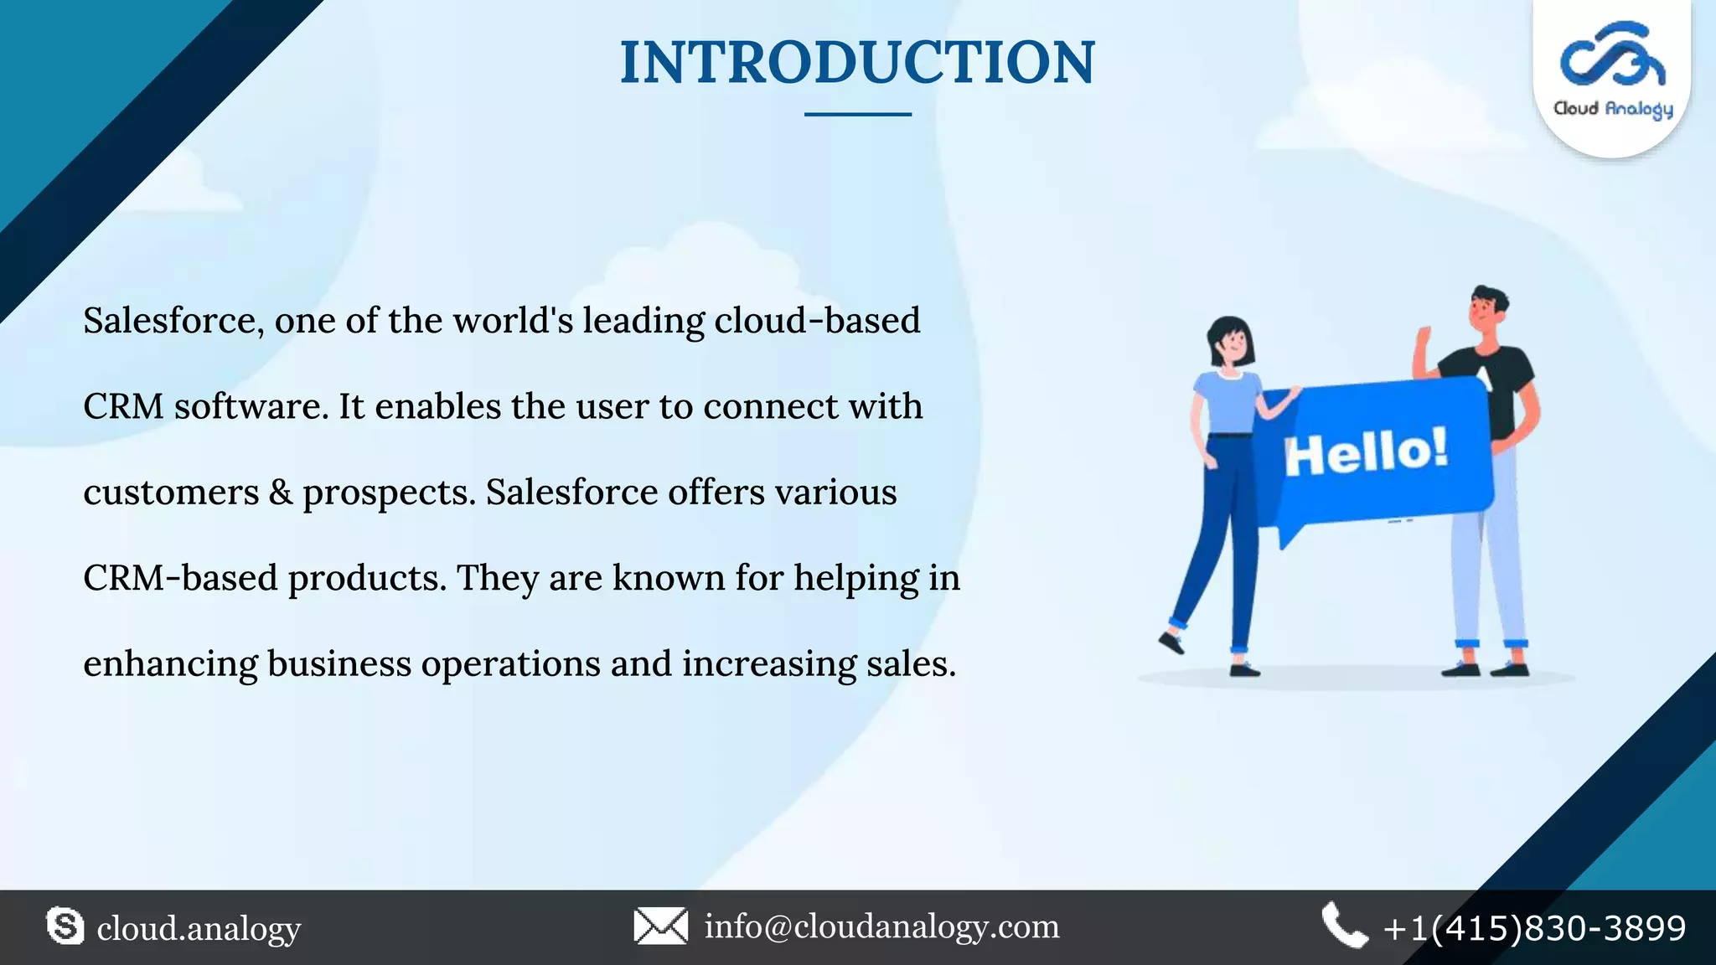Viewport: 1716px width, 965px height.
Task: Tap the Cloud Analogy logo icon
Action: pyautogui.click(x=1612, y=55)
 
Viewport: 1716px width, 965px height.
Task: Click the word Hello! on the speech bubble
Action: pyautogui.click(x=1366, y=452)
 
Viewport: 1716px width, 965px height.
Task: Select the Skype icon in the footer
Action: pyautogui.click(x=65, y=926)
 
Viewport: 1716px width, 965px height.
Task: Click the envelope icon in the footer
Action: pyautogui.click(x=660, y=926)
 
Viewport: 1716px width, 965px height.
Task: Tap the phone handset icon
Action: pyautogui.click(x=1344, y=926)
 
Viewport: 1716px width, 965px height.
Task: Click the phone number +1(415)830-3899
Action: pyautogui.click(x=1534, y=928)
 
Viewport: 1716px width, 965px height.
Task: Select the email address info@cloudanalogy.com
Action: pyautogui.click(x=881, y=926)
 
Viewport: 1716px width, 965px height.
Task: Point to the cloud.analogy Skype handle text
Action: pyautogui.click(x=199, y=929)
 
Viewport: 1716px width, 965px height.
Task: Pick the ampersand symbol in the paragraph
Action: pyautogui.click(x=281, y=493)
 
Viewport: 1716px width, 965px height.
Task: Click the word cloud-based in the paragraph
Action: pyautogui.click(x=817, y=321)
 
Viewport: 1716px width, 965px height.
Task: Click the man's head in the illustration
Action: pyautogui.click(x=1488, y=310)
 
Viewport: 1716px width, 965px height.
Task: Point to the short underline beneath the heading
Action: pyautogui.click(x=857, y=114)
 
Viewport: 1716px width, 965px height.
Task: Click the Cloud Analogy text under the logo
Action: pyautogui.click(x=1613, y=109)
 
